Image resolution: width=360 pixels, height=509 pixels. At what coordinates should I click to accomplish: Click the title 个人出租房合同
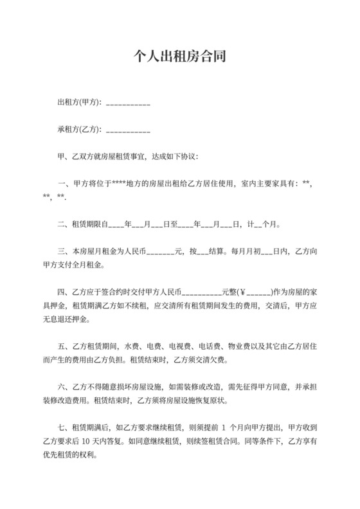pos(179,55)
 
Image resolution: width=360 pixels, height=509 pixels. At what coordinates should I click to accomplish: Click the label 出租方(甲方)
pos(78,103)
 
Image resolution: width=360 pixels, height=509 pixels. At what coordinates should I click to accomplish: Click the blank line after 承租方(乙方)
pos(127,131)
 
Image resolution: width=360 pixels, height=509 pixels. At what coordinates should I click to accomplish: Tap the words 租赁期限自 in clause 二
pos(90,225)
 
